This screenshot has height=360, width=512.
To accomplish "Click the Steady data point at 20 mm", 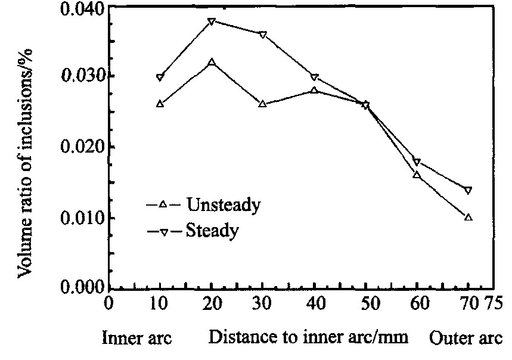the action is tap(212, 21).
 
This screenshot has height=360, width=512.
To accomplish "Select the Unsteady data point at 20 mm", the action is tap(212, 61).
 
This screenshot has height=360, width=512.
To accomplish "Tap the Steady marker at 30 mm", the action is tap(263, 35).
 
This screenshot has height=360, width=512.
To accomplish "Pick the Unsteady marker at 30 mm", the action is tap(263, 104).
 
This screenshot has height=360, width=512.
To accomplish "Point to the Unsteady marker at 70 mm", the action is tap(468, 217).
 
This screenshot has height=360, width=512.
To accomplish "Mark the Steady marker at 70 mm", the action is tap(468, 190).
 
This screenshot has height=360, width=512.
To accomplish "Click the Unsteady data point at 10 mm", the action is tap(160, 104).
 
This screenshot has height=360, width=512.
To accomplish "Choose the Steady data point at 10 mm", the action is tap(160, 77).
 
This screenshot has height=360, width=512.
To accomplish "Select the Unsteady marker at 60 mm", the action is tap(417, 175).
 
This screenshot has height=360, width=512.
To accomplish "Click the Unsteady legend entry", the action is tap(203, 205).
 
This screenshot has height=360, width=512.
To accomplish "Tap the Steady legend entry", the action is tap(193, 231).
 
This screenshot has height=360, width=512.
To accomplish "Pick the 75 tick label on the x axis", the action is tap(492, 303).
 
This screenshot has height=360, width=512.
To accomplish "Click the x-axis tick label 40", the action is tap(315, 303).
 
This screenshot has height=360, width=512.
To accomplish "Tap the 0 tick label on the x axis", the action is tap(108, 303).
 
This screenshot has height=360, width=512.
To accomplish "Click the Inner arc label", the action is tap(137, 337).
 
